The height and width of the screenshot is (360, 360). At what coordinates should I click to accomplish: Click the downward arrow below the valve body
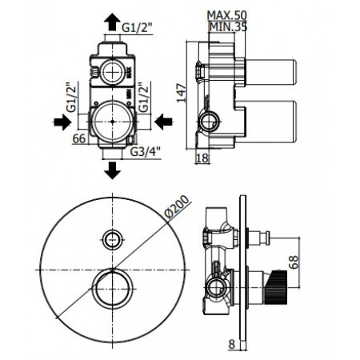112,170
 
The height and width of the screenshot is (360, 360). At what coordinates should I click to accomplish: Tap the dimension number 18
202,158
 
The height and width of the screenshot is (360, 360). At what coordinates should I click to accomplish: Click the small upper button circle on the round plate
112,237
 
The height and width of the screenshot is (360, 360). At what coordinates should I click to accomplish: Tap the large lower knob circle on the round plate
112,286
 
